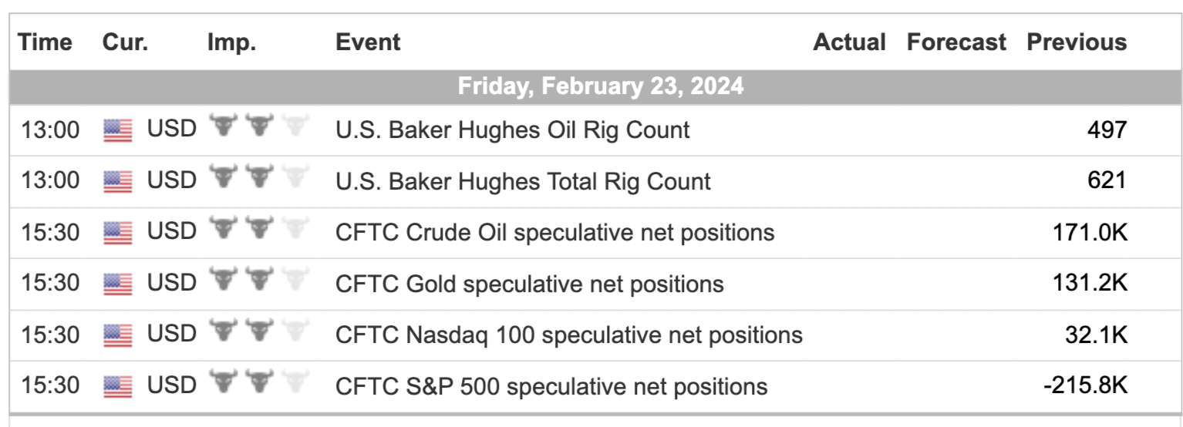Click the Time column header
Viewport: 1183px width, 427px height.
click(45, 42)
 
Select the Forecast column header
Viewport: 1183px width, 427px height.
click(956, 42)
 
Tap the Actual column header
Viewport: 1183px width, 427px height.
click(849, 42)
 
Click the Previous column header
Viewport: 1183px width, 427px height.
click(1077, 42)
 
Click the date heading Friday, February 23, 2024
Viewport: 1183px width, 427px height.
click(601, 86)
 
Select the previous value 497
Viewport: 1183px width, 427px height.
click(1107, 129)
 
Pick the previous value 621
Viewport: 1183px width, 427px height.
click(1107, 180)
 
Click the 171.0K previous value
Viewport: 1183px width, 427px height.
click(1090, 232)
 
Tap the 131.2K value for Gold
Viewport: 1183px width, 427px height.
click(1090, 283)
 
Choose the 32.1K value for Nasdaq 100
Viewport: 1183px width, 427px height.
click(1097, 335)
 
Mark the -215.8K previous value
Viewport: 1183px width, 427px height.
click(1085, 385)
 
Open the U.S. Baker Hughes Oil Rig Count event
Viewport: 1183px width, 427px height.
click(512, 130)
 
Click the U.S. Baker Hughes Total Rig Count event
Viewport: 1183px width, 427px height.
click(523, 182)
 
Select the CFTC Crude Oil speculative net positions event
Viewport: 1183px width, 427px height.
click(555, 233)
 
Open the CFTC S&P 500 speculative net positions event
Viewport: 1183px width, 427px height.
click(551, 387)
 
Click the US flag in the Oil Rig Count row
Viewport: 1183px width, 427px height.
click(118, 130)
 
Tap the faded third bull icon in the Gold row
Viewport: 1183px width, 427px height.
click(295, 279)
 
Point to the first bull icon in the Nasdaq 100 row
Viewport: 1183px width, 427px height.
click(224, 331)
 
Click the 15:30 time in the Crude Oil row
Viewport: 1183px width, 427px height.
click(50, 233)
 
